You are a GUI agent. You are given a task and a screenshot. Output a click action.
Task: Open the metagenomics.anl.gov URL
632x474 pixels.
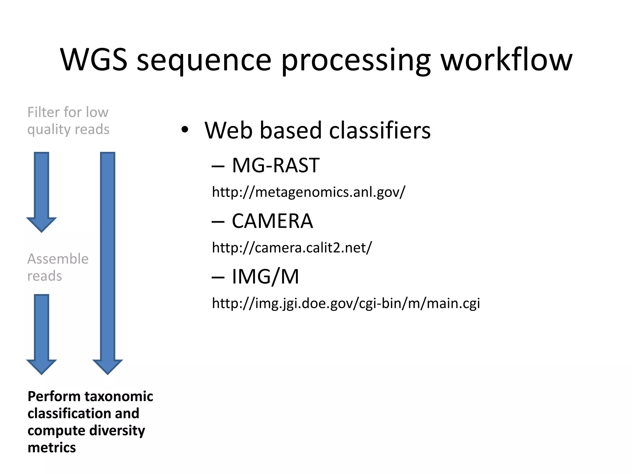pyautogui.click(x=308, y=192)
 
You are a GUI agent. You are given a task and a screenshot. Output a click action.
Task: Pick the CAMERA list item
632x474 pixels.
pyautogui.click(x=272, y=221)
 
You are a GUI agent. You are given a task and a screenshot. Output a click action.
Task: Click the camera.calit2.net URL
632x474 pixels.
pyautogui.click(x=292, y=247)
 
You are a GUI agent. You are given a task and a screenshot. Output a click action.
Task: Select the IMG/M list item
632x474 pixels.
pyautogui.click(x=265, y=276)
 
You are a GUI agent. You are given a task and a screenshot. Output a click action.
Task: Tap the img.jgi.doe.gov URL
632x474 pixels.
pyautogui.click(x=346, y=303)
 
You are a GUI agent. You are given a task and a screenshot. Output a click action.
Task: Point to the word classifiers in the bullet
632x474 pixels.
pyautogui.click(x=380, y=130)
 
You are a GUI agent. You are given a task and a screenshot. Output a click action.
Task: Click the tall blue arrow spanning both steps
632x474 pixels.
pyautogui.click(x=108, y=262)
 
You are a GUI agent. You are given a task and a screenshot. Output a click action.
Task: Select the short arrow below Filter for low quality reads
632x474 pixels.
pyautogui.click(x=41, y=191)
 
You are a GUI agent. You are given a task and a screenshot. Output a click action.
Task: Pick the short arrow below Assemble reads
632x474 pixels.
pyautogui.click(x=41, y=333)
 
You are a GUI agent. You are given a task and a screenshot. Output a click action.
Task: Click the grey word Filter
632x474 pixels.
pyautogui.click(x=43, y=112)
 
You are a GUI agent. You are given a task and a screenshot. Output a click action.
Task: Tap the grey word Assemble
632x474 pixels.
pyautogui.click(x=58, y=259)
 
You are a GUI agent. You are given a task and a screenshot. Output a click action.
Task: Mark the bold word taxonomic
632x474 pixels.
pyautogui.click(x=119, y=396)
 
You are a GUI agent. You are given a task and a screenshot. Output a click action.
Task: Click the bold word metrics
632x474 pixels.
pyautogui.click(x=52, y=447)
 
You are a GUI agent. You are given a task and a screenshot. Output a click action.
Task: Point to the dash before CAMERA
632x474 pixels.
pyautogui.click(x=218, y=222)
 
